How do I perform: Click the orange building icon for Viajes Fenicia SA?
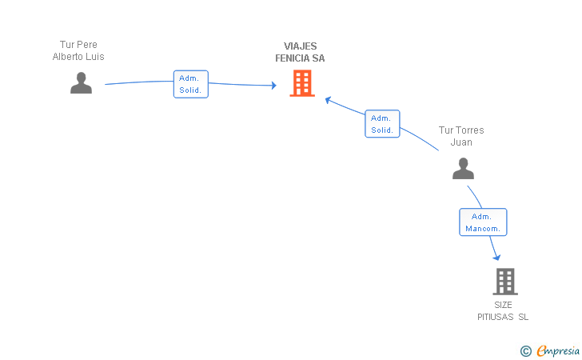click(302, 83)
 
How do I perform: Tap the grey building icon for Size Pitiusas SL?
click(505, 282)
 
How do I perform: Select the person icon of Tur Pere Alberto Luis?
click(81, 82)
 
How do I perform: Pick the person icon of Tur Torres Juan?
click(463, 168)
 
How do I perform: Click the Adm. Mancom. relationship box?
click(483, 222)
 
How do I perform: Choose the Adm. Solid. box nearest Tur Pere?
click(191, 84)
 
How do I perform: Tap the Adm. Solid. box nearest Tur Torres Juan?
click(382, 123)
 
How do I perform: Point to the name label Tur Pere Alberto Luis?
click(78, 50)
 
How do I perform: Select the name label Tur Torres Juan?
click(461, 136)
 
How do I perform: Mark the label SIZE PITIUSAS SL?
click(503, 311)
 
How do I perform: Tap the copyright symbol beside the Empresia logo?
click(525, 350)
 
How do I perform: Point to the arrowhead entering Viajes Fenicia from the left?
click(273, 85)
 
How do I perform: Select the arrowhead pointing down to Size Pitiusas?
click(496, 256)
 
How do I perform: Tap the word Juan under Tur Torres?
click(461, 142)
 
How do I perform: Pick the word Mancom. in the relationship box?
click(484, 229)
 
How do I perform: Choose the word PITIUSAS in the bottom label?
click(496, 318)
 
